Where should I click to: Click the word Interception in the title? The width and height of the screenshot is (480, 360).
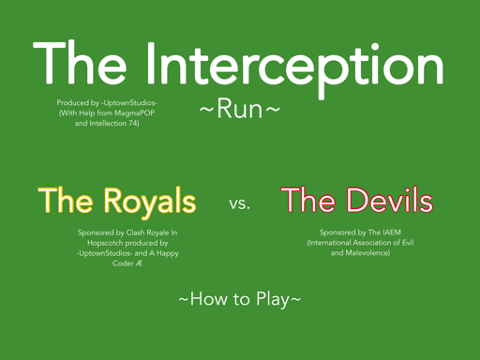click(294, 67)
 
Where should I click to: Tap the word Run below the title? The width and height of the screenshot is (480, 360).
click(240, 109)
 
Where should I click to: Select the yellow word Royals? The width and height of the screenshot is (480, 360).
click(150, 202)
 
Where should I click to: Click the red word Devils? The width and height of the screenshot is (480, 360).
click(389, 200)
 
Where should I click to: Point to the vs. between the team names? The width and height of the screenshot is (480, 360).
click(239, 203)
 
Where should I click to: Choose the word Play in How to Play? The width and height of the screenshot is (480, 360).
click(273, 299)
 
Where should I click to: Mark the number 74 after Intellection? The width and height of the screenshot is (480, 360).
click(132, 123)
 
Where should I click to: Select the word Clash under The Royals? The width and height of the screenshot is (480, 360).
click(135, 232)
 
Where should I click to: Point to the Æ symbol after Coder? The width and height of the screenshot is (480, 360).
click(139, 263)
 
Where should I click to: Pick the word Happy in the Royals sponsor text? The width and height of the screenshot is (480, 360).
click(168, 253)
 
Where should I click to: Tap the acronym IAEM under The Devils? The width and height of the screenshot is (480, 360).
click(392, 232)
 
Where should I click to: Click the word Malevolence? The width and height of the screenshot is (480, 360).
click(367, 253)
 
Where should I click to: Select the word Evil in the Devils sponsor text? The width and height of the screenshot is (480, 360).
click(408, 243)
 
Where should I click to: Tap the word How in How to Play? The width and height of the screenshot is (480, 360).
click(209, 299)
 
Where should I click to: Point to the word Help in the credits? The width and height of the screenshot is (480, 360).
click(87, 112)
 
